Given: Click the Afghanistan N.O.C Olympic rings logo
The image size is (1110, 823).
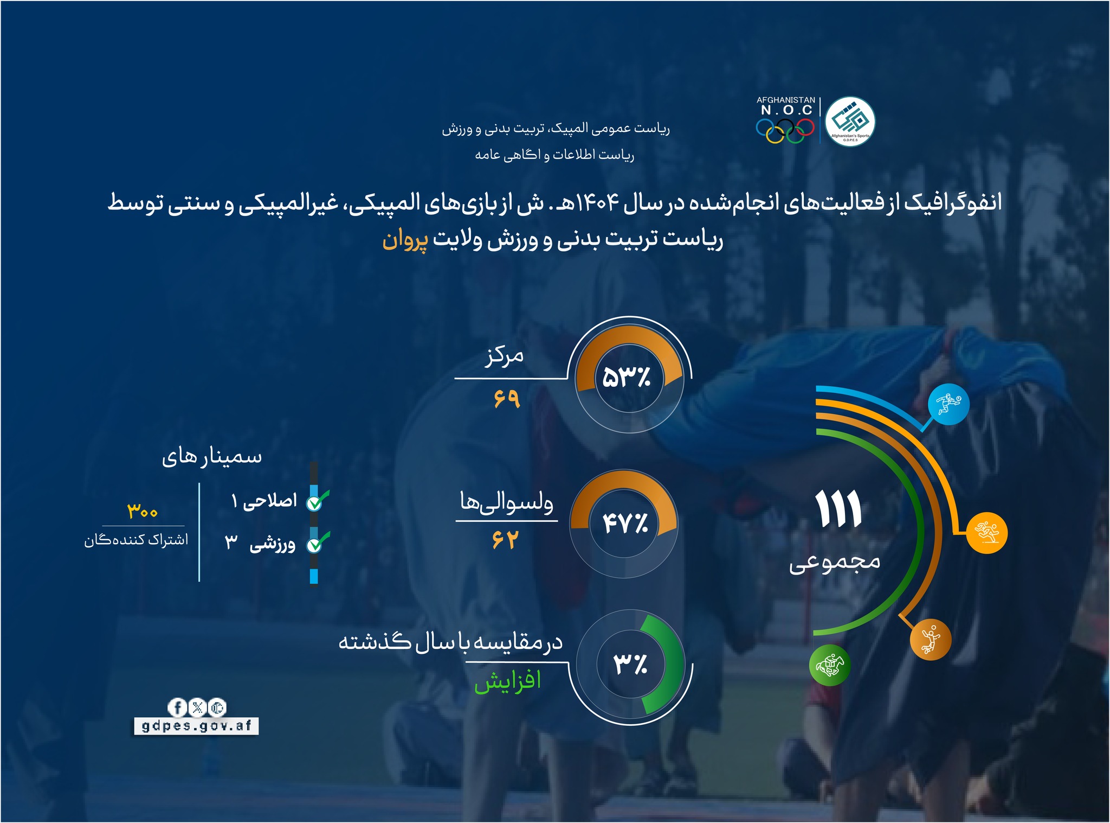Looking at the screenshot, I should point(785,120).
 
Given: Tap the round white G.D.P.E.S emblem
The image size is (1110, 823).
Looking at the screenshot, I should point(850,121).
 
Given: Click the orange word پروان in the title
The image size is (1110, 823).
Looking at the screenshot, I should point(404,240).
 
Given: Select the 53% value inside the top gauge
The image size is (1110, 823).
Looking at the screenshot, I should point(627,377).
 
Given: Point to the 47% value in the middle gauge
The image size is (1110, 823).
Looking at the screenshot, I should point(625,524).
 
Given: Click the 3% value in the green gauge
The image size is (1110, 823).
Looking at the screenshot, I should point(630,663).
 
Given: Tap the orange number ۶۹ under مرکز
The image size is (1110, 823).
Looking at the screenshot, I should point(506,399).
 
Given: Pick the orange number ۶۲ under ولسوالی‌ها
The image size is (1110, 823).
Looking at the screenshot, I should point(505,539).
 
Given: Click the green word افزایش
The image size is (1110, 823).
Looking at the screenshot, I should point(508,681).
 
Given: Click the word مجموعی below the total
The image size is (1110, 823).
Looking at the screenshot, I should point(835,562).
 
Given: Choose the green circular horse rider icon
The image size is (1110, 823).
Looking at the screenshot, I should point(829,665).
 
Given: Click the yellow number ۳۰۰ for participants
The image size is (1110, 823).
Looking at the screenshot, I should point(143,511).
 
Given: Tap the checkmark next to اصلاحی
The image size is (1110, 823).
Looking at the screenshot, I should point(317,501).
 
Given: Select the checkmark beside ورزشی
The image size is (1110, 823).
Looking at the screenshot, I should point(317,543).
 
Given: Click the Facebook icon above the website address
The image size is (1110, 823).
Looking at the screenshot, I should point(177,707).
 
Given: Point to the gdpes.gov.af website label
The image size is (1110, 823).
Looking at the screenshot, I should point(196,725).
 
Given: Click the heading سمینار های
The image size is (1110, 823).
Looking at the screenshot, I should point(212,457).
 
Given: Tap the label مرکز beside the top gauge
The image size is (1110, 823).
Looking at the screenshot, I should point(504,356).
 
